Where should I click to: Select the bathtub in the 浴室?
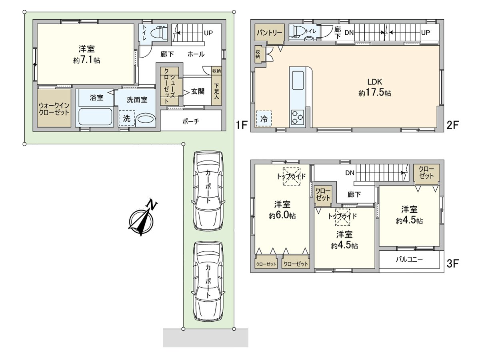[95, 117]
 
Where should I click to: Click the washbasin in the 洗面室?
[146, 120]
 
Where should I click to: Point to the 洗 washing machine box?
[127, 118]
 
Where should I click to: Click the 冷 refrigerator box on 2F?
[264, 119]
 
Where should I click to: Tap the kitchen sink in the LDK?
[298, 80]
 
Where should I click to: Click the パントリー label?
[270, 33]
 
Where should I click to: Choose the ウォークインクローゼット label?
[54, 109]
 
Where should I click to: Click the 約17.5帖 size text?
[374, 93]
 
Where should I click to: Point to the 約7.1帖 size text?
[86, 60]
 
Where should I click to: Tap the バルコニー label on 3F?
[409, 260]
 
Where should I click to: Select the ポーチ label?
[191, 121]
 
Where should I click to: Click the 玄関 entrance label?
[198, 91]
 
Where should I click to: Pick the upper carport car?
[208, 190]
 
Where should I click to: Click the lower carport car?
[208, 281]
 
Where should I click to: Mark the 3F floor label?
[452, 264]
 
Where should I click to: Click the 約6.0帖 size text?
[282, 216]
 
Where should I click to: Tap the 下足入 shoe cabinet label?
[216, 91]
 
